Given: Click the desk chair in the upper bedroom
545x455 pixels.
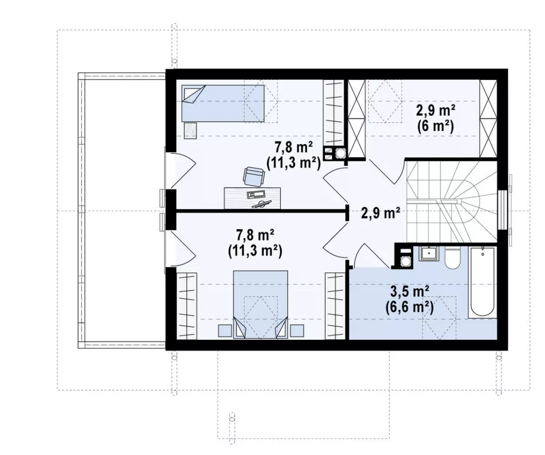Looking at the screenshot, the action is pos(253,176).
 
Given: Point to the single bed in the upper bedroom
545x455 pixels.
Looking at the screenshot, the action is pos(223,104).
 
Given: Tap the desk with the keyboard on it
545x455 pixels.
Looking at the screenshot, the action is pos(252,198).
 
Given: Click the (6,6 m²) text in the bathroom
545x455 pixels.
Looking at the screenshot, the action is pos(410,307).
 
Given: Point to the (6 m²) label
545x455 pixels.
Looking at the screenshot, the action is pos(436,126).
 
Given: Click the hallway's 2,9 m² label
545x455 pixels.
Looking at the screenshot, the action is pos(380,213).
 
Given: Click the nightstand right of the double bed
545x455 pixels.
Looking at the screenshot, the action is pos(297,331).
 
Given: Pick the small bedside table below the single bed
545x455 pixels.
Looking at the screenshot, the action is pos(190,130).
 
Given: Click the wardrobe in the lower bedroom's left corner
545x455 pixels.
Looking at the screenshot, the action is pos(187,305).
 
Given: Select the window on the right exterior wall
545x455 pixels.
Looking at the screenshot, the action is pos(503,210).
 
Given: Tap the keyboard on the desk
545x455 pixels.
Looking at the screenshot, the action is pos(256,194).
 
